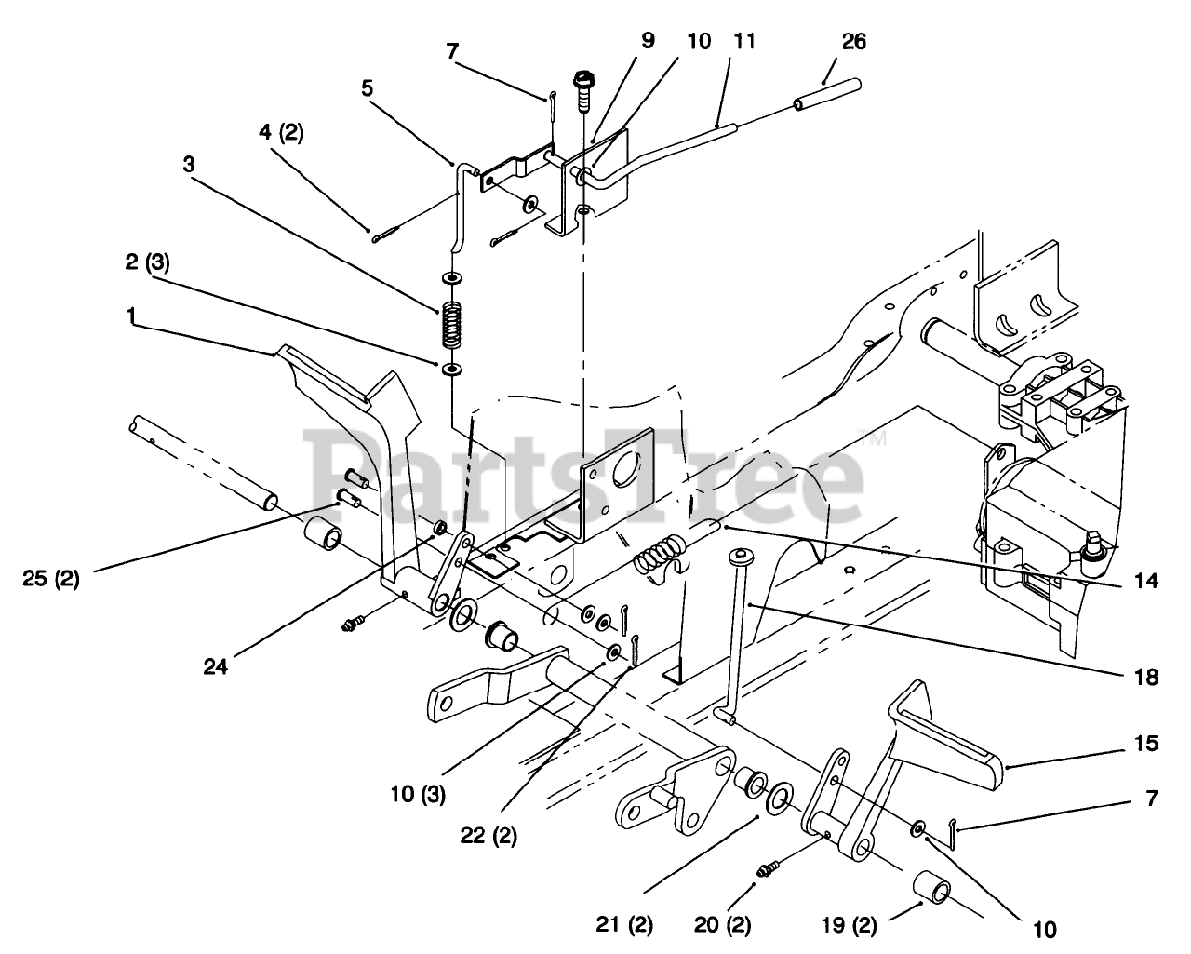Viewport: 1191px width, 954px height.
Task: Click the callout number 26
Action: [854, 42]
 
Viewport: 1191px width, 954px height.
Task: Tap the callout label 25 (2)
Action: [51, 579]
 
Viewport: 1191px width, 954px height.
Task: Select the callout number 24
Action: [215, 666]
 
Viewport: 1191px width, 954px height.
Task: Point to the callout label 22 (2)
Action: [488, 836]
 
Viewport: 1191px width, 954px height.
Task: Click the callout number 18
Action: [1145, 677]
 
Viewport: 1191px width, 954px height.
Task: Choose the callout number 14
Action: [1145, 581]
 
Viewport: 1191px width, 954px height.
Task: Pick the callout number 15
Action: [1145, 744]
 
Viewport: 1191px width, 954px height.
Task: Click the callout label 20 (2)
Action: [722, 926]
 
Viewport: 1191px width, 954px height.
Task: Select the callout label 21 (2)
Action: [624, 926]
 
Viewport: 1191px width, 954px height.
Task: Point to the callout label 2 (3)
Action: [147, 262]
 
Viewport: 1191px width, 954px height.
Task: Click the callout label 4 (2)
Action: [282, 133]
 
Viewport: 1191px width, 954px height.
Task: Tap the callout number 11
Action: [744, 42]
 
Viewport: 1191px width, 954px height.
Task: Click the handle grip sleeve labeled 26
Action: [828, 95]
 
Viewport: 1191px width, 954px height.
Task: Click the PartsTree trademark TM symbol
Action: [873, 438]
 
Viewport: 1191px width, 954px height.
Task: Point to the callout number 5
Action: [368, 88]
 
